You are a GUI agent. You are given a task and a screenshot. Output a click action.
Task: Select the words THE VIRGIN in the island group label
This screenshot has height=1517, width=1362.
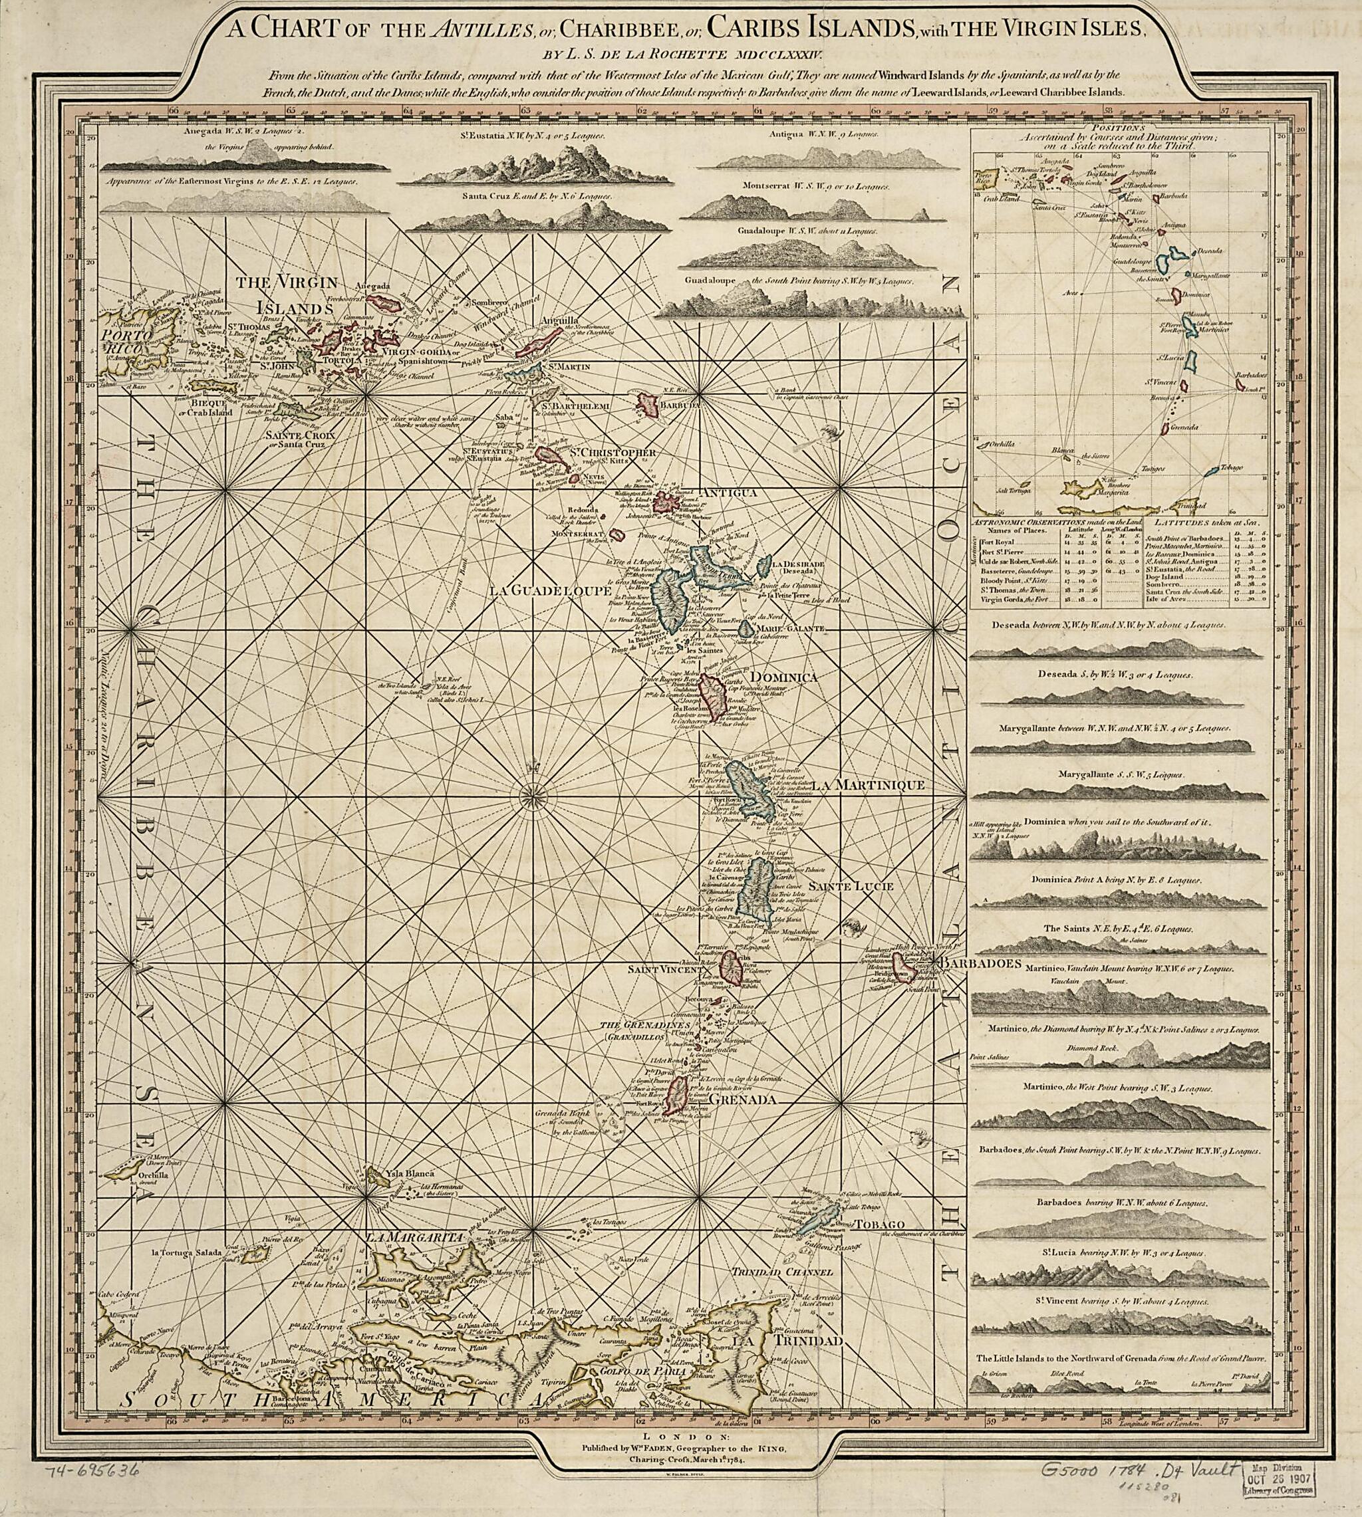coord(287,283)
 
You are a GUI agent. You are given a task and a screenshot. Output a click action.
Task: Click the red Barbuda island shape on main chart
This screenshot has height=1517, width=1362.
coord(646,405)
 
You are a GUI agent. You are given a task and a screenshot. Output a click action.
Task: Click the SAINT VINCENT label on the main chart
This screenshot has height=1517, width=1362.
coord(662,969)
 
